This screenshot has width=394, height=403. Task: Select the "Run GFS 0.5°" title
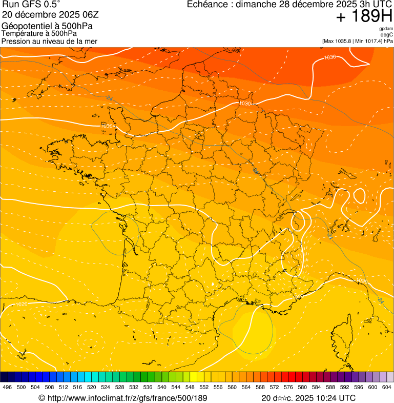[31, 5]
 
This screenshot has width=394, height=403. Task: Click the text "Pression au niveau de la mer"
[49, 41]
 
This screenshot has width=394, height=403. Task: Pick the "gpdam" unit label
[386, 29]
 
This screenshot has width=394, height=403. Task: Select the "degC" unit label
[388, 34]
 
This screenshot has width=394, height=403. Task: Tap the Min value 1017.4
[373, 41]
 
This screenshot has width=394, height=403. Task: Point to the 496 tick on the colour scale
[7, 388]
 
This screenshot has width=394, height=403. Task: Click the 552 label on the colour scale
[204, 388]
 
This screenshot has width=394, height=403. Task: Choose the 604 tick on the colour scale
[387, 388]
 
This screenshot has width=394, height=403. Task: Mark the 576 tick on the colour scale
[288, 388]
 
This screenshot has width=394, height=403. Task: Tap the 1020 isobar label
[22, 304]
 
